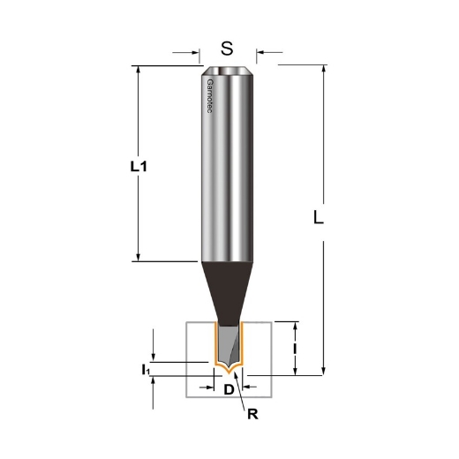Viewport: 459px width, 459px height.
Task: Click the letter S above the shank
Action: pos(227,49)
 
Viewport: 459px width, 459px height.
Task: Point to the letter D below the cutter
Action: pos(229,389)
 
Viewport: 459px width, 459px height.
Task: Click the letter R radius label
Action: pos(252,412)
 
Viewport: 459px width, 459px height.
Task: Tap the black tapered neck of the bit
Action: pos(228,291)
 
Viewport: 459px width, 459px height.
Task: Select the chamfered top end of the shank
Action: pos(228,71)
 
